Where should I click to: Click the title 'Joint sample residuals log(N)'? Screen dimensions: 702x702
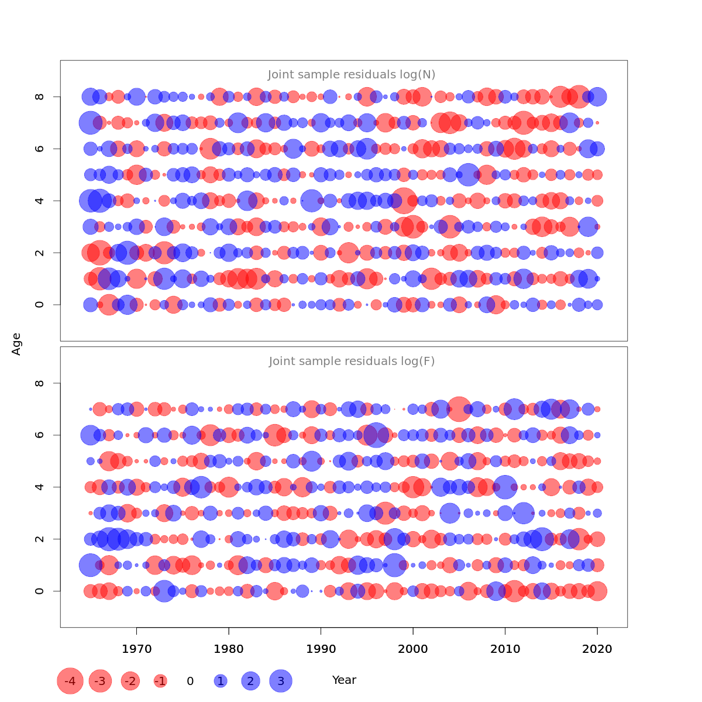[352, 75]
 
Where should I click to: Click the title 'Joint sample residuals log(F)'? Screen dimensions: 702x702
[352, 362]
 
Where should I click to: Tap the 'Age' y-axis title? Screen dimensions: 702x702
[16, 344]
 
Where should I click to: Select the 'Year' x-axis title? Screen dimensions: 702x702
[344, 680]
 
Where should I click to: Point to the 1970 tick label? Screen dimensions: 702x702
[136, 649]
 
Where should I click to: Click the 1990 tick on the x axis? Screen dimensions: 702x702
[321, 649]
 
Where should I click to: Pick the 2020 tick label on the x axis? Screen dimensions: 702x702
[597, 649]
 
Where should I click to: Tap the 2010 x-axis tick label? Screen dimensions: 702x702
[505, 649]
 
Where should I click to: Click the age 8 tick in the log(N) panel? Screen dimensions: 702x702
[40, 97]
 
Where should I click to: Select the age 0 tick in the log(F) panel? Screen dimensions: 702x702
[40, 591]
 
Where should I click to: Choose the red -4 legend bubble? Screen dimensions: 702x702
[70, 681]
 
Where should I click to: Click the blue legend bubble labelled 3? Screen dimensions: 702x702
[281, 681]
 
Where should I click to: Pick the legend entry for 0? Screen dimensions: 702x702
[190, 681]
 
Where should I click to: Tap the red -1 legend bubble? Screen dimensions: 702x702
[160, 681]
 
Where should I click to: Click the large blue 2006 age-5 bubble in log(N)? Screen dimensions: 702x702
[468, 174]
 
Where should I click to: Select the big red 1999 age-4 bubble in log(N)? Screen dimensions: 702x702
[404, 201]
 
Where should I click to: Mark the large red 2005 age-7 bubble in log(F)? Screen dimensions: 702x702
[459, 409]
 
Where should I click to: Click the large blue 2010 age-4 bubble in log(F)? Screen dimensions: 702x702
[505, 487]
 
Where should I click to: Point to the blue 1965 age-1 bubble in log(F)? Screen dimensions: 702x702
[90, 565]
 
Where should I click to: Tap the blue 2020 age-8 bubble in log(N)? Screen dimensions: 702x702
[597, 97]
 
